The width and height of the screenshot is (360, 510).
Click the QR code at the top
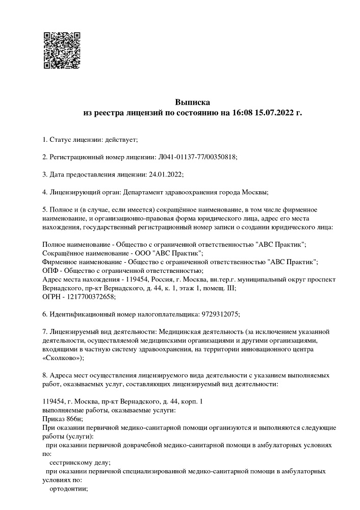(61, 50)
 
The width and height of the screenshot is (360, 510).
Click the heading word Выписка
(193, 102)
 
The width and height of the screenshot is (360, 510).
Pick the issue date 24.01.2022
(165, 174)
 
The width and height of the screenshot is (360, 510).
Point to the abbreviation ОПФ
(50, 270)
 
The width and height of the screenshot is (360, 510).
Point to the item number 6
(44, 314)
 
